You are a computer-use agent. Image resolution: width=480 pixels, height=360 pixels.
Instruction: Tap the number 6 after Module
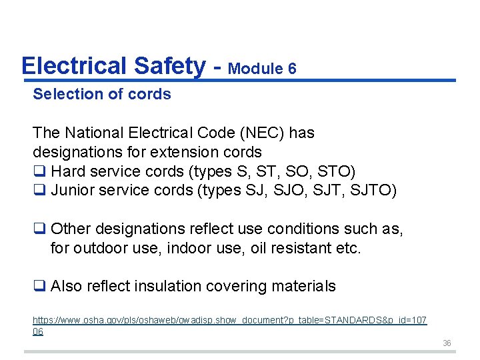pos(291,69)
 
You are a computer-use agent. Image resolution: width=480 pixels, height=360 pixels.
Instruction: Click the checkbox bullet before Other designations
pos(39,229)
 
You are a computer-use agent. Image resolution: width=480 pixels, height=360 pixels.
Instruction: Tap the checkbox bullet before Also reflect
pos(39,287)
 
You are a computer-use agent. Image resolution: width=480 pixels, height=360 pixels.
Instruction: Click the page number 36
pos(447,343)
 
